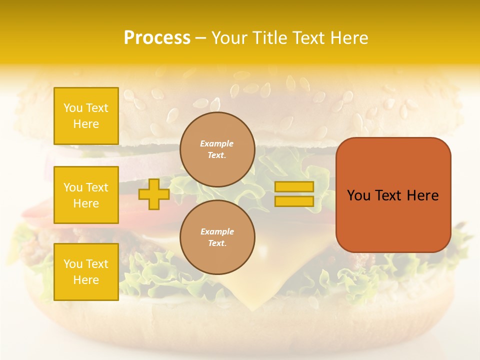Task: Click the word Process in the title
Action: (x=157, y=38)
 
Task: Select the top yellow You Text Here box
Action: (x=86, y=116)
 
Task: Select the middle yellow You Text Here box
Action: (x=86, y=195)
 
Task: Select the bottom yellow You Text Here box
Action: (x=86, y=272)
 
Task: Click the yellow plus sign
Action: (x=153, y=194)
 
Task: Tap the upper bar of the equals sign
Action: (x=294, y=186)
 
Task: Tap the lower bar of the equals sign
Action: (x=294, y=201)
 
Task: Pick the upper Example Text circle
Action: (x=217, y=149)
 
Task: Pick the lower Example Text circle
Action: (x=217, y=237)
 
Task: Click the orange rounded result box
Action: (x=393, y=195)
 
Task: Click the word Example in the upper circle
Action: (x=216, y=144)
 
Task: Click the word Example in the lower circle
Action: (x=217, y=232)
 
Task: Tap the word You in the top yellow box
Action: (x=73, y=108)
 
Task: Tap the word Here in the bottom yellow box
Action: (x=86, y=280)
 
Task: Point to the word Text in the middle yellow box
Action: (x=97, y=187)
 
